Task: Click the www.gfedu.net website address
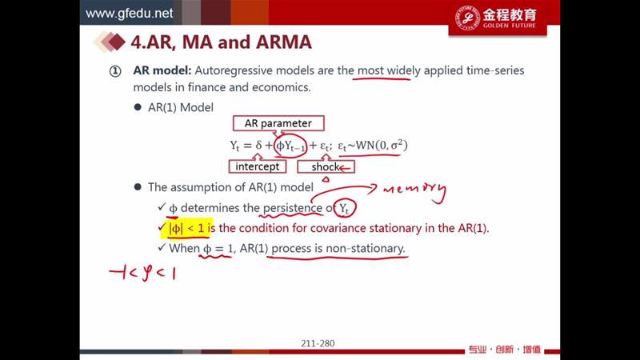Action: pyautogui.click(x=129, y=13)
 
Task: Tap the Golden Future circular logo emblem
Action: pyautogui.click(x=467, y=18)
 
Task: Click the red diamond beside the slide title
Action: pyautogui.click(x=117, y=42)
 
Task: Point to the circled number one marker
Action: pyautogui.click(x=115, y=72)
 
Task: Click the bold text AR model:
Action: pyautogui.click(x=162, y=70)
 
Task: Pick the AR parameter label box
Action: pyautogui.click(x=278, y=123)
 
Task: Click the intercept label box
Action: pyautogui.click(x=257, y=166)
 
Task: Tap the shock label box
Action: pyautogui.click(x=326, y=166)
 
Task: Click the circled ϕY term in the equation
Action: pyautogui.click(x=290, y=146)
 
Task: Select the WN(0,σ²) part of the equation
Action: pyautogui.click(x=382, y=146)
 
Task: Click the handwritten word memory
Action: pyautogui.click(x=414, y=191)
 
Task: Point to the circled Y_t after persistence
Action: pyautogui.click(x=344, y=209)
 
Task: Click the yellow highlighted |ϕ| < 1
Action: pyautogui.click(x=187, y=228)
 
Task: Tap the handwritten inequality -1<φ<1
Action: pyautogui.click(x=142, y=273)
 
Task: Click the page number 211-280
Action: pyautogui.click(x=318, y=344)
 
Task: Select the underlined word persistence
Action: pyautogui.click(x=292, y=208)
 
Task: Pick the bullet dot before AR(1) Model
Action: pyautogui.click(x=138, y=107)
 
